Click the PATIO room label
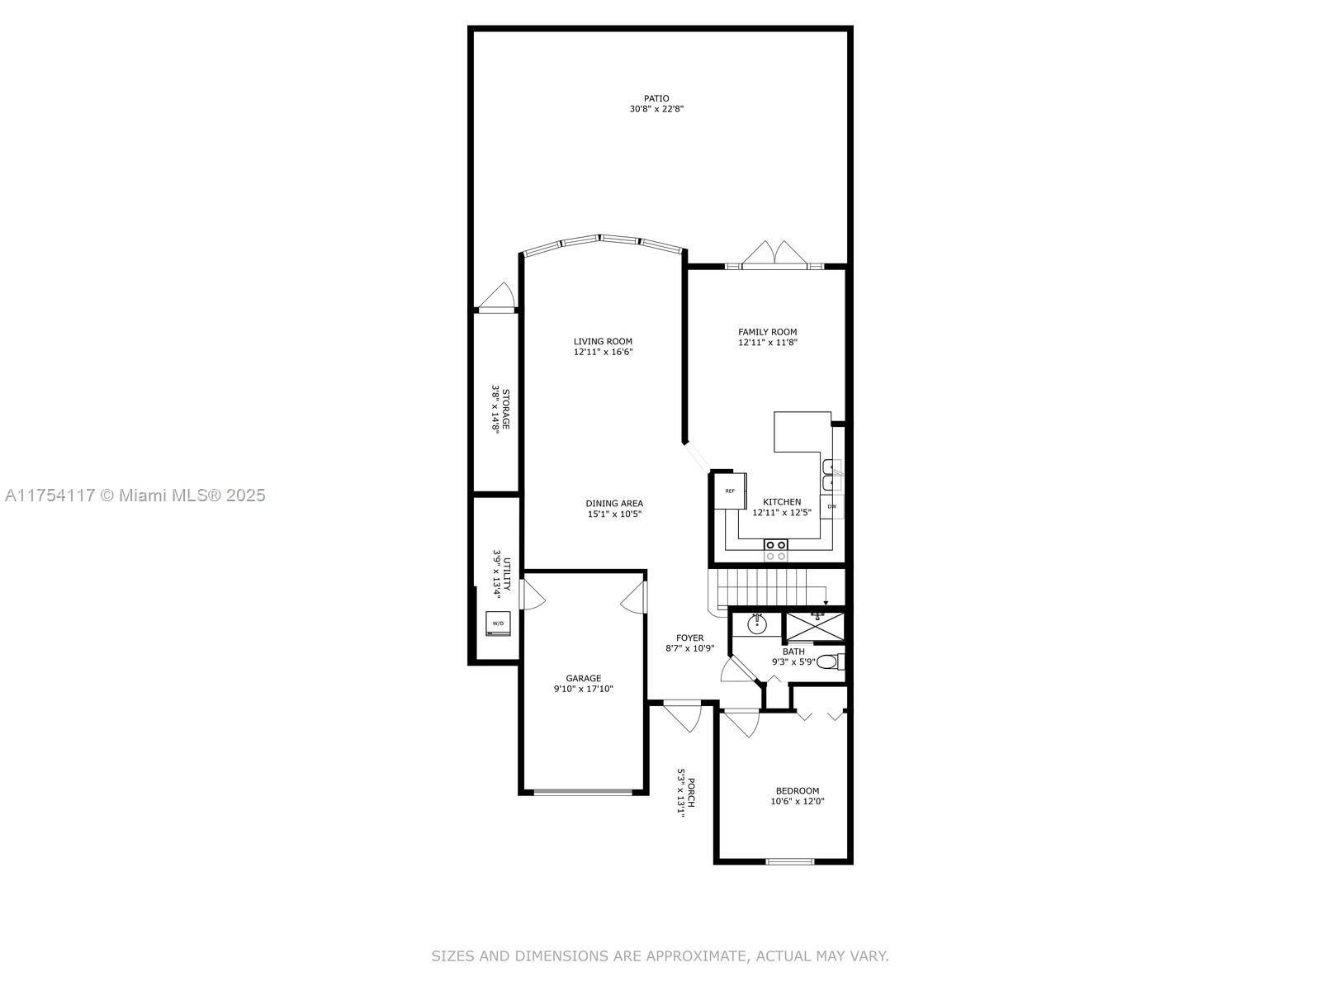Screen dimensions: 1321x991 tap(656, 98)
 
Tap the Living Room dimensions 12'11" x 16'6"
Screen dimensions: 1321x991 tap(603, 352)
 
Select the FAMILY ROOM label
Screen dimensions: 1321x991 tap(767, 331)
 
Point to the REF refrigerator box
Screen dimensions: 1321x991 tap(730, 491)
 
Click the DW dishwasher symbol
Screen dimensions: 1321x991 tap(831, 506)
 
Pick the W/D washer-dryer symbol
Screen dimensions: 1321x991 tap(499, 623)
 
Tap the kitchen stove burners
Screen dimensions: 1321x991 tap(775, 550)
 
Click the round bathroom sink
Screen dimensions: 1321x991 tap(756, 624)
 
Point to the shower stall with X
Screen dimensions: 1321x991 tap(816, 627)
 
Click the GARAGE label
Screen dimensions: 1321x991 tap(583, 678)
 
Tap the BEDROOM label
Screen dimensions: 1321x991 tap(798, 790)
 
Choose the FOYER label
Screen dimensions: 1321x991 tap(689, 638)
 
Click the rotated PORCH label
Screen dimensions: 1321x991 tap(692, 793)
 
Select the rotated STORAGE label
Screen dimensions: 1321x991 tap(506, 409)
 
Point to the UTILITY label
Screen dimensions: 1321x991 tap(507, 575)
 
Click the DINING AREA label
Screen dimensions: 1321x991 tap(614, 503)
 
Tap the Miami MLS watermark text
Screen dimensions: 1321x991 tap(135, 495)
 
